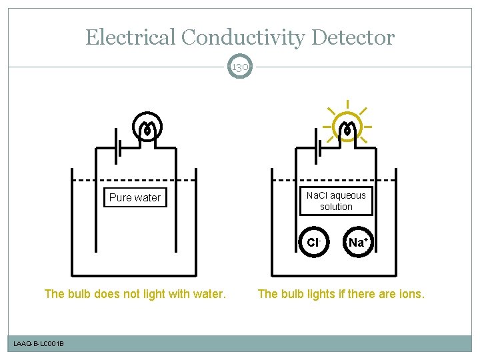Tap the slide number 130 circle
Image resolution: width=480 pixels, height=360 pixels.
(x=240, y=66)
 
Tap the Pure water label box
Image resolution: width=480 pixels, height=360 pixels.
(x=135, y=198)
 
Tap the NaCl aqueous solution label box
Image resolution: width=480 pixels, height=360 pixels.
(x=336, y=201)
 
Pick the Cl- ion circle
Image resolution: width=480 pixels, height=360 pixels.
(x=313, y=242)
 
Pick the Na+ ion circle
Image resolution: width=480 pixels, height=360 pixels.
(x=357, y=242)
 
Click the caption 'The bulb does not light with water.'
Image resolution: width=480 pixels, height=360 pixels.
(x=135, y=293)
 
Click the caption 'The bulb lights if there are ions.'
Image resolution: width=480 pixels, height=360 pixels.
(x=341, y=293)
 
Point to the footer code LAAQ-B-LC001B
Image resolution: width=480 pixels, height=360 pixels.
(x=39, y=343)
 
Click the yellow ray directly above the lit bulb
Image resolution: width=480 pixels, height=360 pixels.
(x=347, y=105)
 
